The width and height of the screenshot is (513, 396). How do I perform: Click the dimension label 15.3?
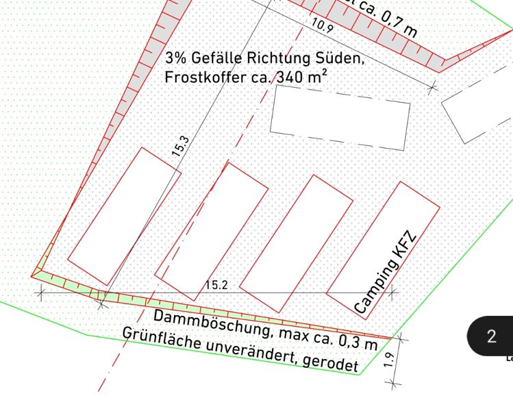tap(181, 147)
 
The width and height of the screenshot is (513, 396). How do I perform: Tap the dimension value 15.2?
tap(216, 285)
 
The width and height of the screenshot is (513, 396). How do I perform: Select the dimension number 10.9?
tap(321, 27)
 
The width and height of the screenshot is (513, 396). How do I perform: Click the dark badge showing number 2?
tap(491, 336)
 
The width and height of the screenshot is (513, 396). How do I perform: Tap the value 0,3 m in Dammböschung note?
tap(358, 341)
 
